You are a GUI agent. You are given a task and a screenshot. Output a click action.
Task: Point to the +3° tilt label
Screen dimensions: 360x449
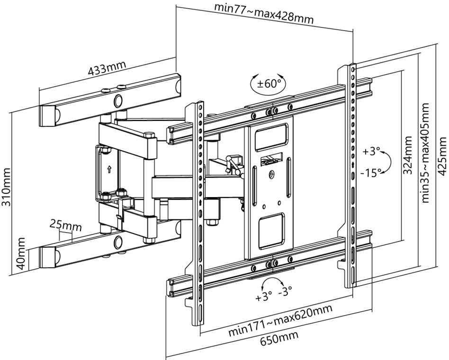(372, 152)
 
